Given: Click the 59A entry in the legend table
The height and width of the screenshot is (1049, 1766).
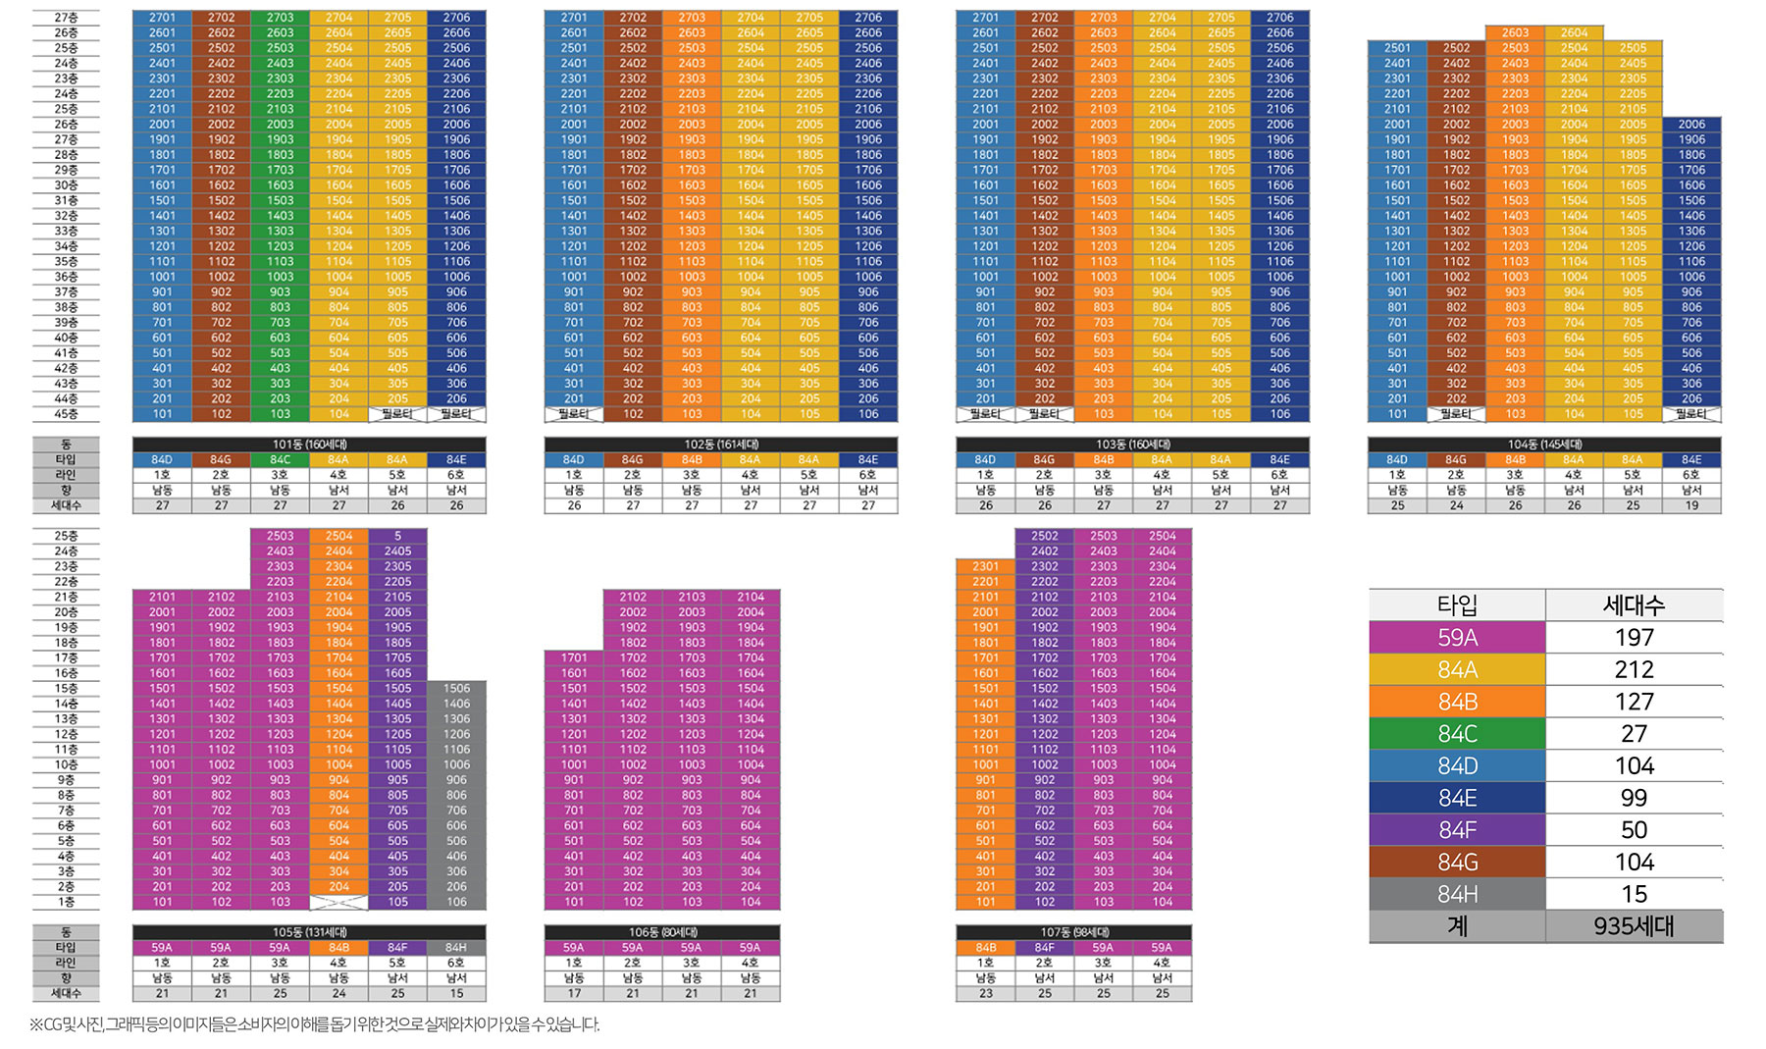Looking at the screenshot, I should [x=1457, y=638].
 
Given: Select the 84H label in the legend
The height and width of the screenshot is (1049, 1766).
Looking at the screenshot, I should [x=1457, y=894].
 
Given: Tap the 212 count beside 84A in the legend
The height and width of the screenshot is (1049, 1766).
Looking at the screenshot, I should [x=1634, y=669].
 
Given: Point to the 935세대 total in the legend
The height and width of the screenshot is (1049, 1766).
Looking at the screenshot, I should [x=1634, y=926].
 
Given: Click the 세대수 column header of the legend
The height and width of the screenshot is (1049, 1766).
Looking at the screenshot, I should [x=1634, y=605].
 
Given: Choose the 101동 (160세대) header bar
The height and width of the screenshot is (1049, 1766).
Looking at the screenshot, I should [x=309, y=445].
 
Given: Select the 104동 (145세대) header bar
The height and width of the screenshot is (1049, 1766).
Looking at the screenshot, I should [x=1544, y=445].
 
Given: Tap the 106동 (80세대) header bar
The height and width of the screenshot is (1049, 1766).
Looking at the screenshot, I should [x=662, y=932].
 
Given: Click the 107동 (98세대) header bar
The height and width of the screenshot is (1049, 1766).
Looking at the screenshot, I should [x=1074, y=932].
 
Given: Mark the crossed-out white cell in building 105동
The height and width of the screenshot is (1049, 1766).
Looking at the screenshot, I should [x=338, y=902].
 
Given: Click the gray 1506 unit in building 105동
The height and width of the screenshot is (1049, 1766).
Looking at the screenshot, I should [x=456, y=689].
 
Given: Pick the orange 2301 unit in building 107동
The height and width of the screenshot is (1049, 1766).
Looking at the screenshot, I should [x=985, y=566].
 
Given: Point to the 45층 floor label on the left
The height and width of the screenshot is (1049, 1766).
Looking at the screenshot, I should [x=66, y=414].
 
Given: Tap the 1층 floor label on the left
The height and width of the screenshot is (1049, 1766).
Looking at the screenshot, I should [x=66, y=902].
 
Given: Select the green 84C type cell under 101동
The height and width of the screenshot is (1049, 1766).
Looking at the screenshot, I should [x=280, y=459].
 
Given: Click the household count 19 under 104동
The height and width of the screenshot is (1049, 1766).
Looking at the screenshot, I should [x=1691, y=506].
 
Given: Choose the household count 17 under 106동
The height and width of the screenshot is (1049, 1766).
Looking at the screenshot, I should [x=574, y=994].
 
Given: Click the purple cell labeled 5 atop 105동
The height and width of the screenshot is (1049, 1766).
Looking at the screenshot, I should [x=397, y=536].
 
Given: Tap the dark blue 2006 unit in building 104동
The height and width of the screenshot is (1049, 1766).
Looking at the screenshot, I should [x=1691, y=125].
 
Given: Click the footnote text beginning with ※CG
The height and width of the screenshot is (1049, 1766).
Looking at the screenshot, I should [x=314, y=1024].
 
